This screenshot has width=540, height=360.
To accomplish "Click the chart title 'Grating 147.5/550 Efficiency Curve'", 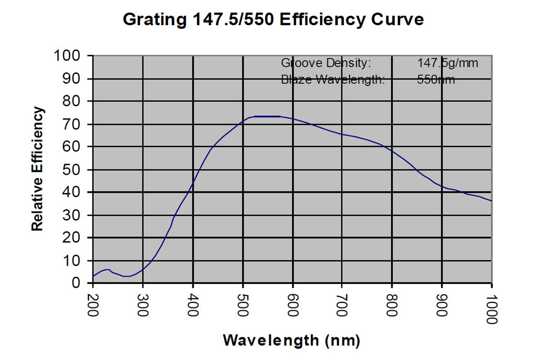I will pyautogui.click(x=273, y=20).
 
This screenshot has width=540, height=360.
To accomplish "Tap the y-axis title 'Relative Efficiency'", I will pyautogui.click(x=37, y=168).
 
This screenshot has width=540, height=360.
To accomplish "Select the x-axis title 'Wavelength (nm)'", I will pyautogui.click(x=291, y=341).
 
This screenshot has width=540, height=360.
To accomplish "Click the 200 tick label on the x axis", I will pyautogui.click(x=93, y=304).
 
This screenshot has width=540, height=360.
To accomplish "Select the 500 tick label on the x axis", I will pyautogui.click(x=243, y=304).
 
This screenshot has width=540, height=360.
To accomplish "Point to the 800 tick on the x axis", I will pyautogui.click(x=392, y=304).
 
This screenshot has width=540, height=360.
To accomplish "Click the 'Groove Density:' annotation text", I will pyautogui.click(x=326, y=63).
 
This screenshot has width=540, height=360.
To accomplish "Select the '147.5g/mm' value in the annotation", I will pyautogui.click(x=448, y=63).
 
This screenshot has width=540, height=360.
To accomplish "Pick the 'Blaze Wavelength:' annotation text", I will pyautogui.click(x=333, y=80).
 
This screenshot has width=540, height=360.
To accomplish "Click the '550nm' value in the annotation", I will pyautogui.click(x=436, y=80).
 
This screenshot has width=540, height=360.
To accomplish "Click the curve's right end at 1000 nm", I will pyautogui.click(x=491, y=201).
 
